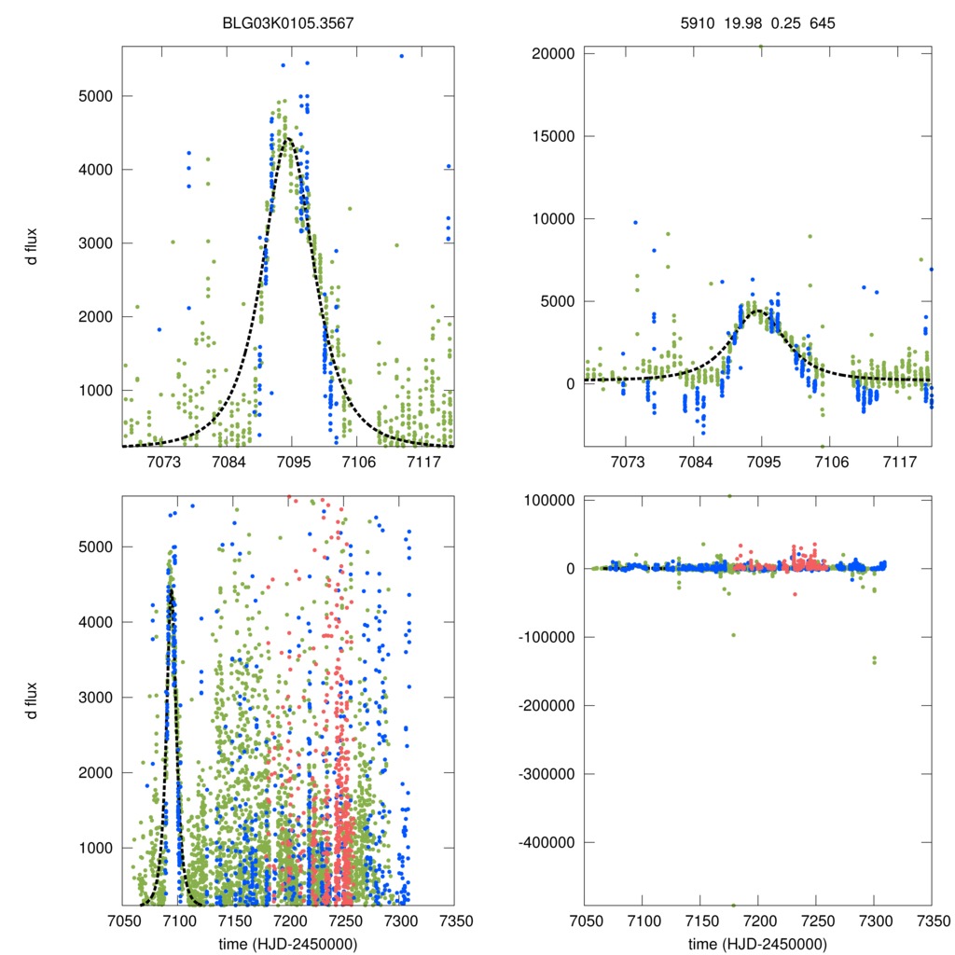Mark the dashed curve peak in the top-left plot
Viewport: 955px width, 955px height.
pos(287,138)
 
